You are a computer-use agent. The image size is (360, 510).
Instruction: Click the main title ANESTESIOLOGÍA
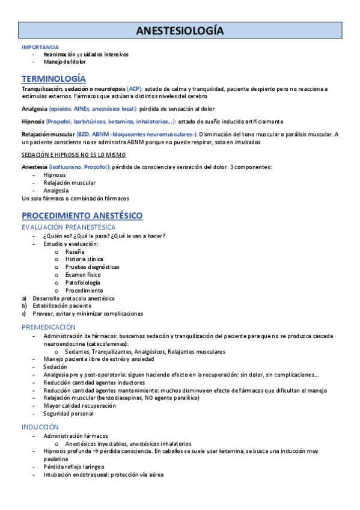point(180,30)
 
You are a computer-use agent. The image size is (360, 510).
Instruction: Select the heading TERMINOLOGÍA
point(53,79)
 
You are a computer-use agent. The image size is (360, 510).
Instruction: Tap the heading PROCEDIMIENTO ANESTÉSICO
point(82,215)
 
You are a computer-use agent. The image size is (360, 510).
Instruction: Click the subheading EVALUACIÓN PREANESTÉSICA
point(69,227)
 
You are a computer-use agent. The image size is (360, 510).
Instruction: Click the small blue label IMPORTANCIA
point(40,47)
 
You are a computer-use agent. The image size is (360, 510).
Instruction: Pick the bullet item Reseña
point(75,251)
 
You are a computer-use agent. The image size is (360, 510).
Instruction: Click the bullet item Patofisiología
point(83,283)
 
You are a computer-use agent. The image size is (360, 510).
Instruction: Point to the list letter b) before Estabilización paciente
point(24,306)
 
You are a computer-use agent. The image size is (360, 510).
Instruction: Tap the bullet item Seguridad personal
point(68,414)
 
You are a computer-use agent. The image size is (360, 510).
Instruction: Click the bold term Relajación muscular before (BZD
point(48,134)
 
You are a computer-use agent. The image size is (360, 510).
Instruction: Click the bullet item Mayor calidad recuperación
point(79,406)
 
